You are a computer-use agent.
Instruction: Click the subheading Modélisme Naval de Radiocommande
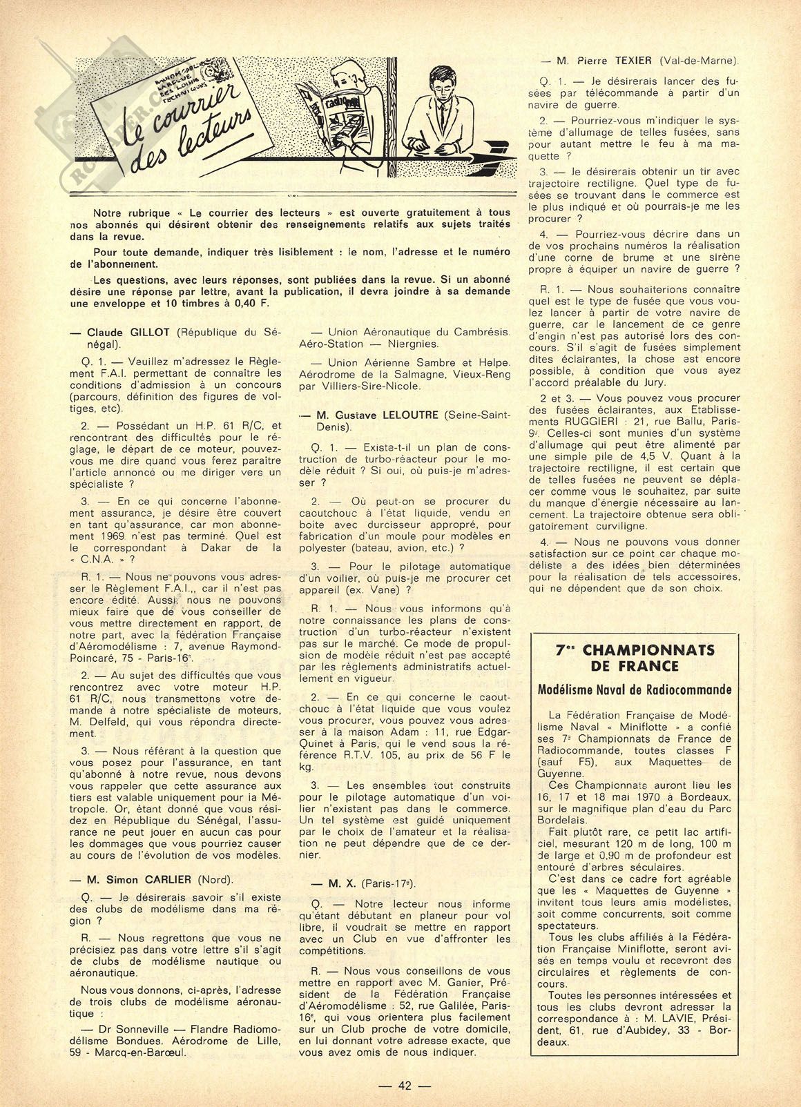[635, 689]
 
